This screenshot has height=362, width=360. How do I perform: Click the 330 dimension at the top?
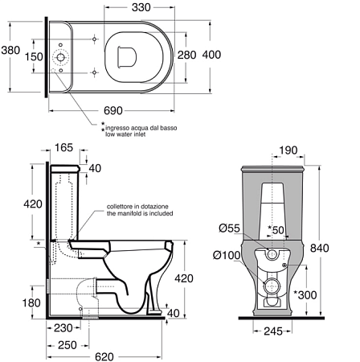point(141,7)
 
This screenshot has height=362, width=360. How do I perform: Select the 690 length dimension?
point(113,110)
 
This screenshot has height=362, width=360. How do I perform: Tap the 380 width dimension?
point(10,50)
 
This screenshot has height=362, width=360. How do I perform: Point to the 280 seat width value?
point(187,55)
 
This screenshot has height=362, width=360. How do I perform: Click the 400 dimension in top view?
point(211,55)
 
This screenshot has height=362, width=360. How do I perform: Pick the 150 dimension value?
point(34,56)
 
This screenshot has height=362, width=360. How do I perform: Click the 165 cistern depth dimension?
point(63,147)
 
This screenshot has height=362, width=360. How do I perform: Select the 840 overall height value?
point(319,248)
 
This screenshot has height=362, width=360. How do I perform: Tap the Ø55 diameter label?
point(229,228)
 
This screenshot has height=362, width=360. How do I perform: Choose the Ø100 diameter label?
point(227,255)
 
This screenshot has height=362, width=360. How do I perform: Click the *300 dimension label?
point(305,295)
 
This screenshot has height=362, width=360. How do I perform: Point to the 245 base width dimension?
point(273,331)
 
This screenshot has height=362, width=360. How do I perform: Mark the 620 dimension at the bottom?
point(104,357)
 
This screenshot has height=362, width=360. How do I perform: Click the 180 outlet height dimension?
point(31,303)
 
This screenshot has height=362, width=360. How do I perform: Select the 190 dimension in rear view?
point(288,150)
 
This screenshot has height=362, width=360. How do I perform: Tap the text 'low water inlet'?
point(125,134)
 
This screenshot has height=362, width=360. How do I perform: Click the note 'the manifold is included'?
point(140,213)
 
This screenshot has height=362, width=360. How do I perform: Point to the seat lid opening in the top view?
point(127,56)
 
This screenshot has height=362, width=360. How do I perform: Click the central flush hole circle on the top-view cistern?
point(61,57)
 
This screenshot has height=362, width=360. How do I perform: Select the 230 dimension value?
point(63,328)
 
